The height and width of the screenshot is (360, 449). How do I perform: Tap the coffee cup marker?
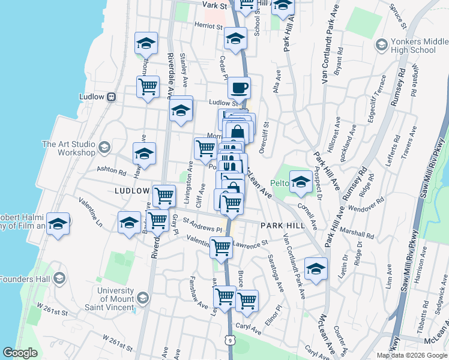click(x=240, y=88)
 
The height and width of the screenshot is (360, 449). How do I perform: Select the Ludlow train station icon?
click(x=111, y=97)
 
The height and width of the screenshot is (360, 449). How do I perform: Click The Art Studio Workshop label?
click(x=68, y=148)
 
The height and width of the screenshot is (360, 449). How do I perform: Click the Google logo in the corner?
click(x=20, y=353)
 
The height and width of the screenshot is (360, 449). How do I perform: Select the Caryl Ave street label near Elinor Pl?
click(x=248, y=329)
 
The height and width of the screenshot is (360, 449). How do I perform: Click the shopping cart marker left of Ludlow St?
click(x=148, y=87)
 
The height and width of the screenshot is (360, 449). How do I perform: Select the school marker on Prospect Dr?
click(x=300, y=182)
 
